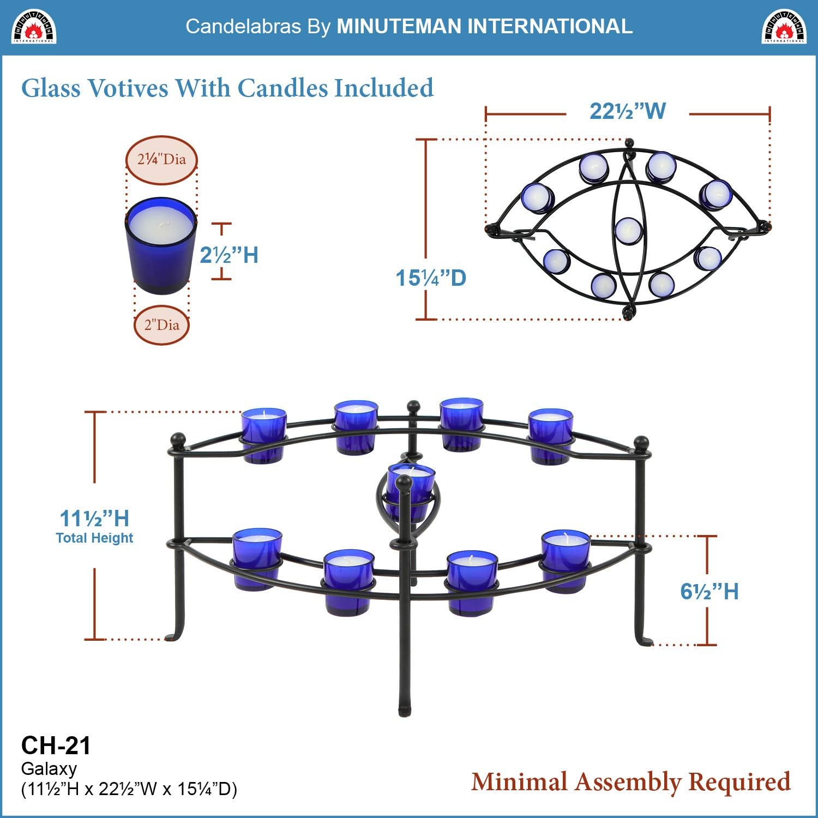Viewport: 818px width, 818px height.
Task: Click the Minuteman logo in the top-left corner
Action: (x=34, y=26)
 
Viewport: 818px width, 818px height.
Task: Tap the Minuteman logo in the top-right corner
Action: (x=784, y=26)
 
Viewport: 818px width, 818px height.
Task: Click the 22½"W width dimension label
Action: (x=628, y=111)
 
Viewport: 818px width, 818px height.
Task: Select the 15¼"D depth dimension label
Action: (x=431, y=278)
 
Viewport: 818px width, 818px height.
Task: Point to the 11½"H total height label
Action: (x=94, y=519)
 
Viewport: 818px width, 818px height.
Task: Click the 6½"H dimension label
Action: (x=709, y=592)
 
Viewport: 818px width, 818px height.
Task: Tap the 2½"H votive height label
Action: (x=229, y=255)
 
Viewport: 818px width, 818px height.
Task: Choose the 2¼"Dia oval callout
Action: (x=161, y=160)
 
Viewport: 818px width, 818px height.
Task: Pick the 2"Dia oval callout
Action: (x=161, y=326)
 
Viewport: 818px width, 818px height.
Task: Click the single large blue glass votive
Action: (x=161, y=245)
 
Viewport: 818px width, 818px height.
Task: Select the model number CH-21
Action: (x=56, y=745)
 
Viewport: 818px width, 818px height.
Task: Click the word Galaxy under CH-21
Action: (x=49, y=769)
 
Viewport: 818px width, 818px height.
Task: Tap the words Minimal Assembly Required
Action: (x=631, y=781)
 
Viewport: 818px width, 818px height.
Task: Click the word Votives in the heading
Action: (x=128, y=88)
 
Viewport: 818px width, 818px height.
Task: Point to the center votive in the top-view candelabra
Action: (x=628, y=230)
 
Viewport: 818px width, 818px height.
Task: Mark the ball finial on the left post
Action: (x=178, y=440)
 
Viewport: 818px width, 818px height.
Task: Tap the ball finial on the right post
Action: (x=641, y=442)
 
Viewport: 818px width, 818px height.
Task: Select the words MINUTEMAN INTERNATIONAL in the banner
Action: (x=484, y=26)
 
